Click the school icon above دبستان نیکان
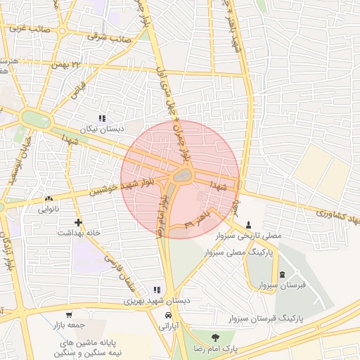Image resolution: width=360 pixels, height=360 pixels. coord(103,119)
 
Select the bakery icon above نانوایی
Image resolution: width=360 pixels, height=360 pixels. coord(49,199)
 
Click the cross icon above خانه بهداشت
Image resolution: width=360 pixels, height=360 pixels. coord(79,222)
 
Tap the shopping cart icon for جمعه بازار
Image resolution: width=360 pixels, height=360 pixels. coord(69,315)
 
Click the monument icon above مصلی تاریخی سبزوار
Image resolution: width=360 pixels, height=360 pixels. coord(247,224)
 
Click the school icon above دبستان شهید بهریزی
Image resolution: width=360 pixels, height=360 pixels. coord(157,290)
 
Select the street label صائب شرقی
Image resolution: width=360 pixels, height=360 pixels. coord(108,38)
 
